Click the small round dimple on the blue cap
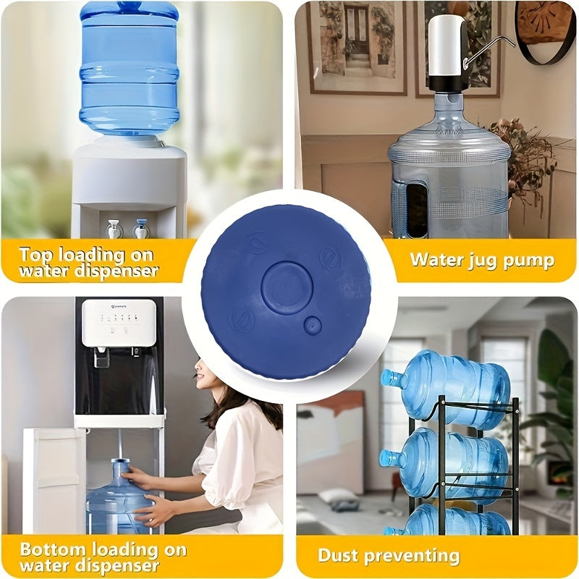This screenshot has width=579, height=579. click(x=313, y=325)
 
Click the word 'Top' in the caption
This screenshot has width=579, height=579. click(x=35, y=255)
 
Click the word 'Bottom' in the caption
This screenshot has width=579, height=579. click(x=53, y=549)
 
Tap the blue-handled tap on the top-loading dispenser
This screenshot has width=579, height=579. click(x=141, y=229)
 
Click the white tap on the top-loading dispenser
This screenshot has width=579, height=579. click(x=114, y=229)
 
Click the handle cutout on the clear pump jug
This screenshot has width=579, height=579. click(x=417, y=209)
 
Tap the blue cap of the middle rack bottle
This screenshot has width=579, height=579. click(x=386, y=458)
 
